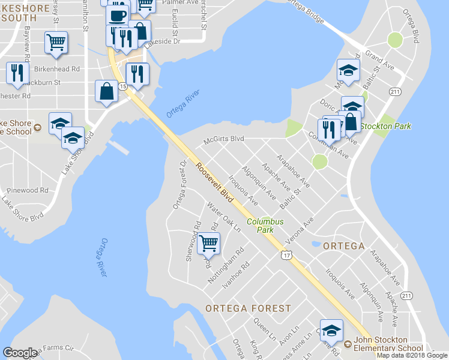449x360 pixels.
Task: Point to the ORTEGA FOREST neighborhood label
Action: [248, 308]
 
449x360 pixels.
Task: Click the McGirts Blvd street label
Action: [223, 139]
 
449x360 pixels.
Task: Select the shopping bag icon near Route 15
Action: [106, 92]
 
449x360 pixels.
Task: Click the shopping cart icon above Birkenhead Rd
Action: [56, 43]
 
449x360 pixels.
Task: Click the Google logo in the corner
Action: [20, 353]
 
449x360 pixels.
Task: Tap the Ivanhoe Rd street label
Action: [235, 277]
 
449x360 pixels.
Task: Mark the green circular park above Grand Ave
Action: [395, 40]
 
